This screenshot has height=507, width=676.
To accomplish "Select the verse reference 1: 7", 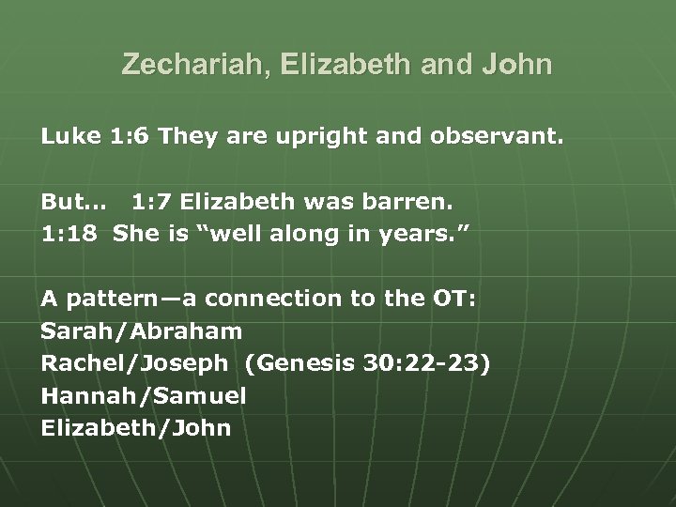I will [152, 202].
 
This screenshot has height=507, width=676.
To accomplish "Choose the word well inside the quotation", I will [235, 234].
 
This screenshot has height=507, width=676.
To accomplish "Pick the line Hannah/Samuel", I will [144, 396].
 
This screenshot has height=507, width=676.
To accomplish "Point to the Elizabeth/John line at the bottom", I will [135, 428].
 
